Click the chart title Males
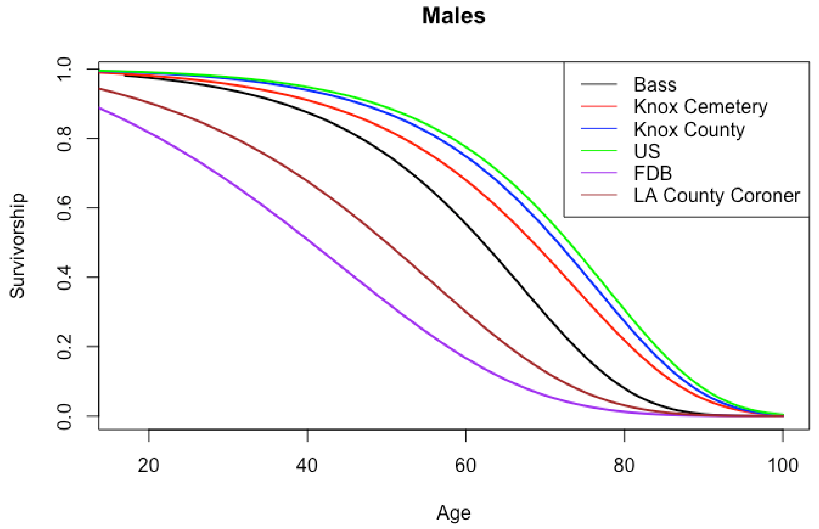(453, 16)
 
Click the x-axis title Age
(453, 513)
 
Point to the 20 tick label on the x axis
(148, 466)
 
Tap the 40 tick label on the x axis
(307, 466)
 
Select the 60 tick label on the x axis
(465, 466)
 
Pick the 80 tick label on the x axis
(624, 466)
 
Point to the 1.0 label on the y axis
(65, 69)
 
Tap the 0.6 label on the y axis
(65, 208)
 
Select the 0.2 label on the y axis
(65, 347)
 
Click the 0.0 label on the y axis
(65, 416)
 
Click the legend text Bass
(655, 85)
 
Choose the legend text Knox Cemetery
(700, 107)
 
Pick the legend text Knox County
(689, 129)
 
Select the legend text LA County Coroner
(717, 195)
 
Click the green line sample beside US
(599, 151)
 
